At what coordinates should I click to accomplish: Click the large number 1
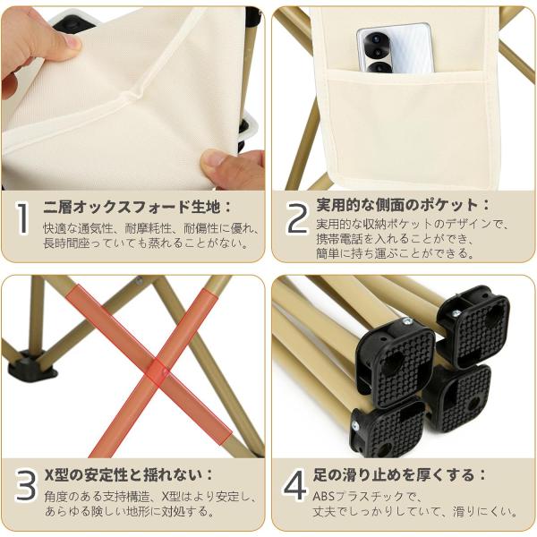point(22,219)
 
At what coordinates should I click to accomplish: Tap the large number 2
point(297,217)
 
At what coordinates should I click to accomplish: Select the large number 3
point(26,485)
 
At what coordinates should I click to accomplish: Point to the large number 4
point(294,485)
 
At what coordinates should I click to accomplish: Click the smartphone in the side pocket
point(394,48)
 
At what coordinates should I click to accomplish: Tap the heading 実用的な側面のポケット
point(396,205)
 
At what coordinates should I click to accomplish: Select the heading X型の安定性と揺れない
point(124,475)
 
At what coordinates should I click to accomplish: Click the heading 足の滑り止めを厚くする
point(394,475)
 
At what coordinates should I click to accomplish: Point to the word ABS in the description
point(324,496)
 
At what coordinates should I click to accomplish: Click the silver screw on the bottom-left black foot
point(355,426)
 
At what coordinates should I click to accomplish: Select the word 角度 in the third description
point(55,496)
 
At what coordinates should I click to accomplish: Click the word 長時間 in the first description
point(60,243)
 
